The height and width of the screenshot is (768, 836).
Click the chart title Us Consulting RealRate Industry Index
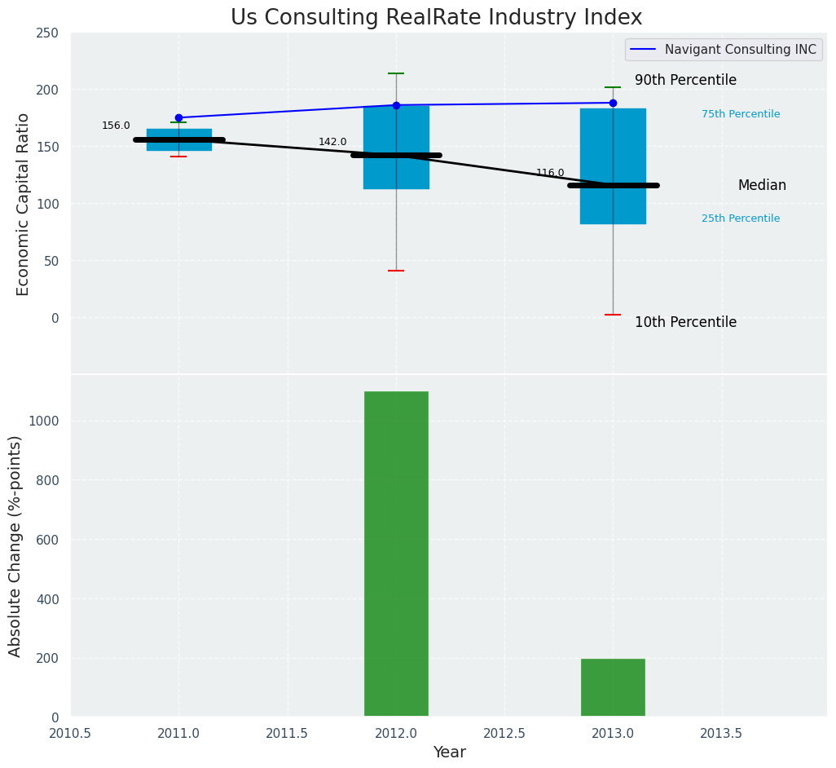436,18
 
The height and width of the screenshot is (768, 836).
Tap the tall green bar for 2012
396,554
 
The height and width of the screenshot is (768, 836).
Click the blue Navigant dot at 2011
178,117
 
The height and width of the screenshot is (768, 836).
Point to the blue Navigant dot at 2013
613,103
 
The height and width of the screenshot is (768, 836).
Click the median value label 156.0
116,126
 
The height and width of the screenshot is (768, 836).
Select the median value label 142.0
332,142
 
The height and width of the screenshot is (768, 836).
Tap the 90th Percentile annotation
685,80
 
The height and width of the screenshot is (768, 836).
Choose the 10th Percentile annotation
685,322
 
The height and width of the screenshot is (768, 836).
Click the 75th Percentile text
741,114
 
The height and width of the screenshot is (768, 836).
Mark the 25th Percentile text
741,218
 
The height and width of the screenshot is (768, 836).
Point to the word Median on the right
762,185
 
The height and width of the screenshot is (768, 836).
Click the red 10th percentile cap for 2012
396,271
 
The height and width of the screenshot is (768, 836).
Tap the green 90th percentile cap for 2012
396,73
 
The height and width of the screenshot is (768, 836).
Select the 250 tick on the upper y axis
47,33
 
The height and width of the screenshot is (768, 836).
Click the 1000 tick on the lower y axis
44,422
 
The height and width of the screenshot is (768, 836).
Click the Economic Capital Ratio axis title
24,204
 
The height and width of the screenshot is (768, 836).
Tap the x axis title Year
449,753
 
